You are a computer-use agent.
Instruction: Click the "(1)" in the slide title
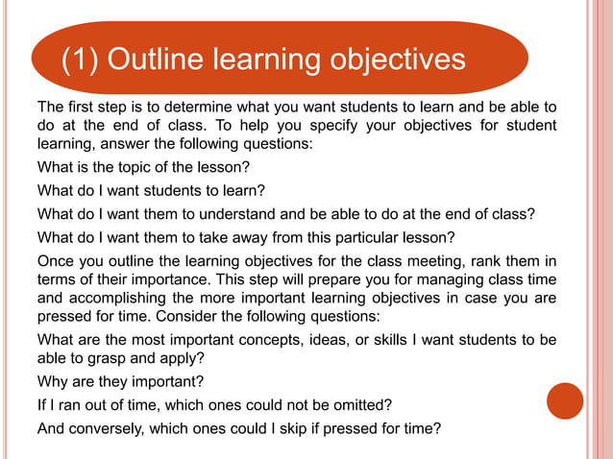81,60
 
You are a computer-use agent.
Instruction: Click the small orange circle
565,400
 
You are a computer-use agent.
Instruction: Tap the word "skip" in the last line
294,427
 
